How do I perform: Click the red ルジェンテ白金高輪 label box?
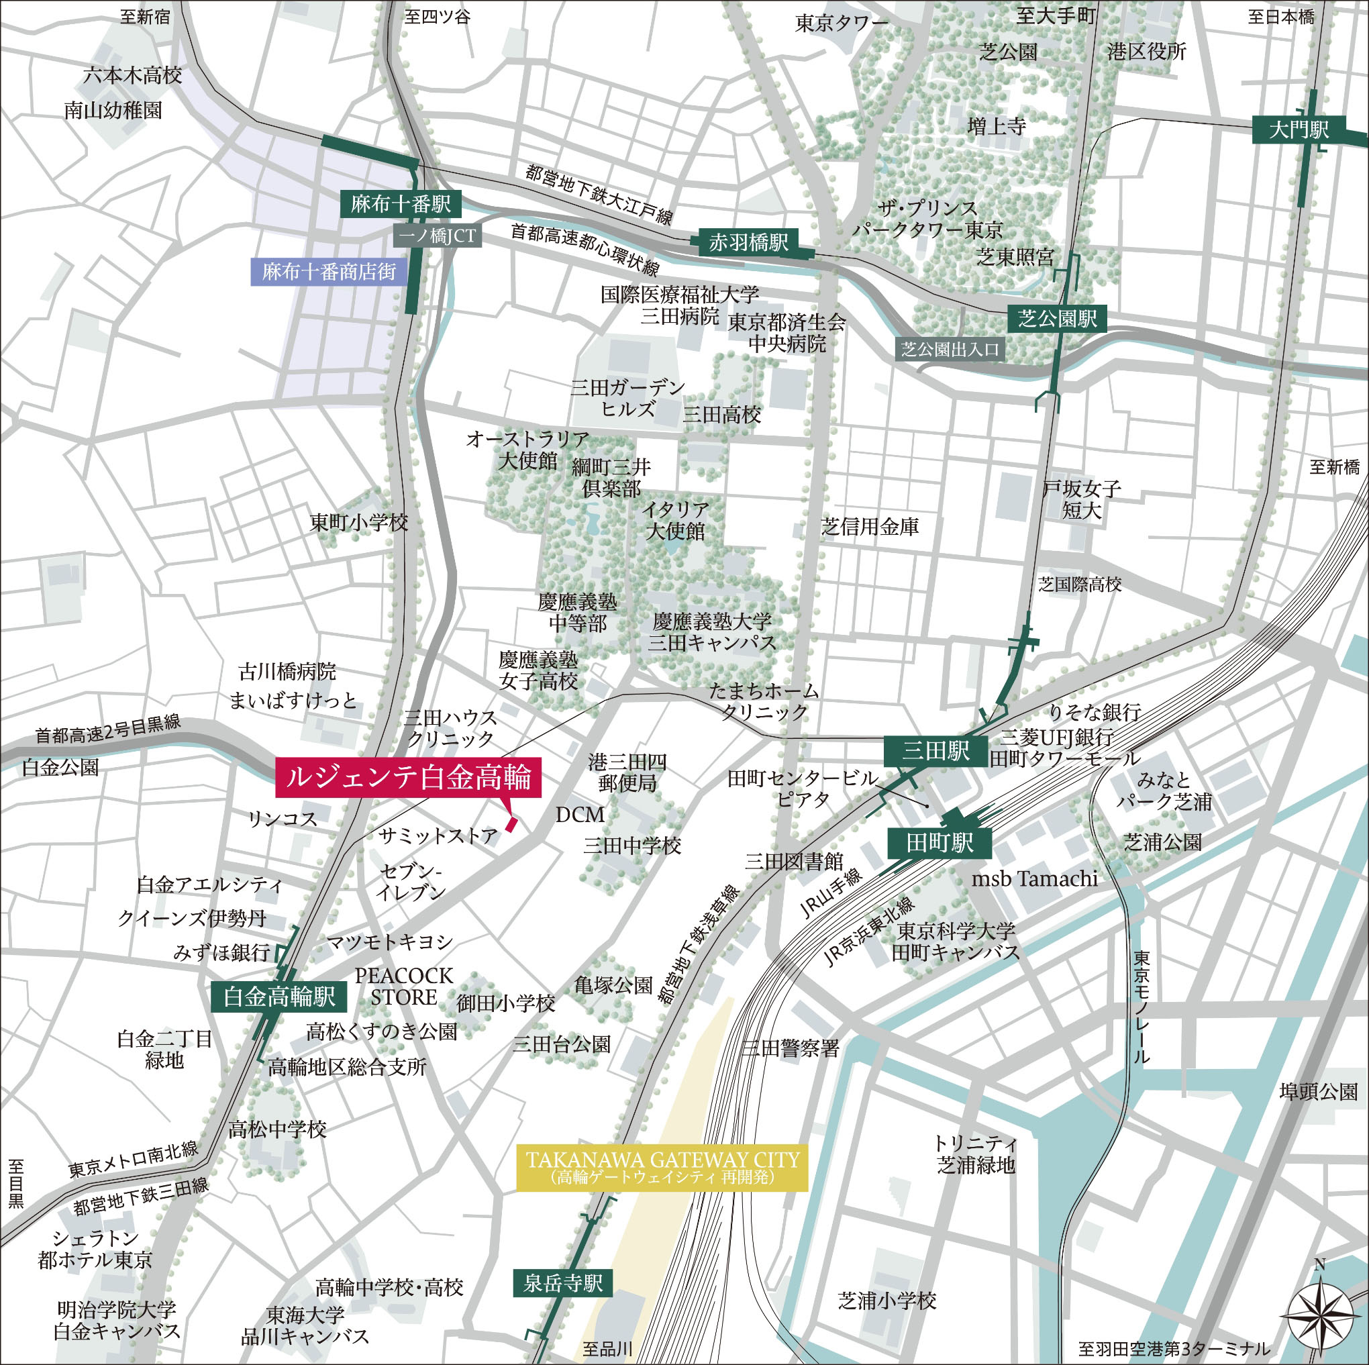tap(408, 778)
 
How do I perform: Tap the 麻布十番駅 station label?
tap(401, 205)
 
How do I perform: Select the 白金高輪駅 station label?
tap(279, 997)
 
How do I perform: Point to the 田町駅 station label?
tap(940, 844)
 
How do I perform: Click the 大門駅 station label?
tap(1299, 130)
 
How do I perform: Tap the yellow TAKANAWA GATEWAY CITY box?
tap(662, 1167)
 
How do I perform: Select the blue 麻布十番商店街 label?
tap(329, 271)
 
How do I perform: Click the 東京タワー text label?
tap(841, 23)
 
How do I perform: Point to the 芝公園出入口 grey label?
tap(950, 350)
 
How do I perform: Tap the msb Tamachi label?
tap(1034, 880)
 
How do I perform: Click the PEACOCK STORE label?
tap(404, 986)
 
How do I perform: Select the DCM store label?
tap(580, 815)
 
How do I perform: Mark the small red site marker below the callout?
tap(512, 823)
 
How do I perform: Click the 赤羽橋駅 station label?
tap(748, 243)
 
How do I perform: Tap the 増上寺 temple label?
tap(997, 127)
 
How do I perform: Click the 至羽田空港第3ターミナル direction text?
tap(1174, 1348)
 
